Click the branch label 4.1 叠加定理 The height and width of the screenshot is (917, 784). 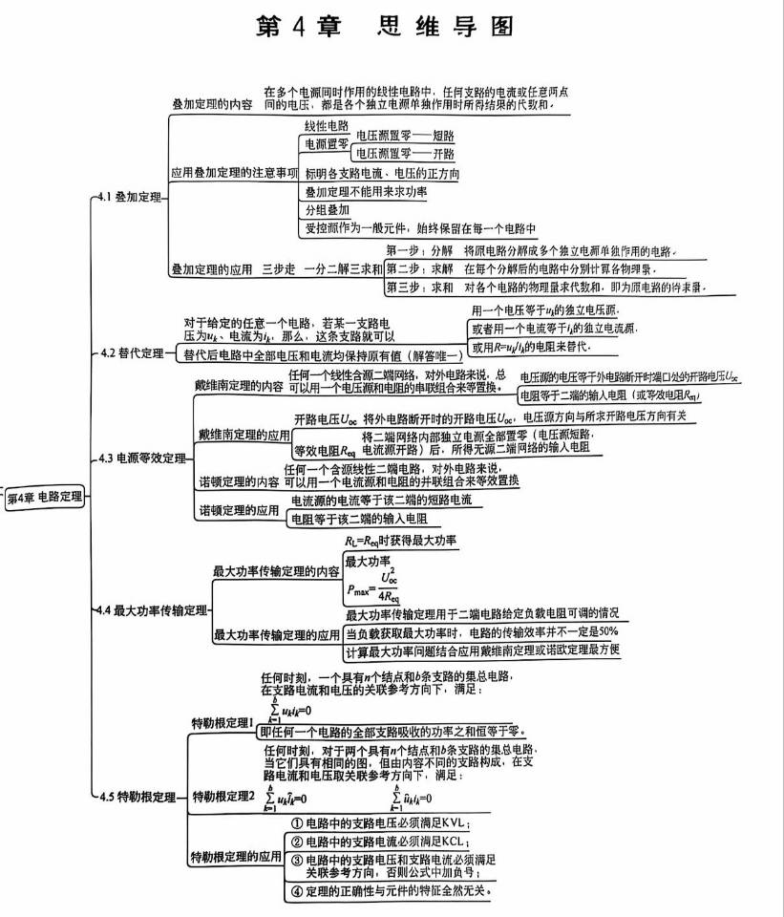pos(130,197)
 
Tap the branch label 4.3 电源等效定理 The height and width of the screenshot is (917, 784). pos(142,458)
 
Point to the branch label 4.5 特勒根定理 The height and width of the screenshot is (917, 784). pos(138,796)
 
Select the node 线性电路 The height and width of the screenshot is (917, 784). pos(326,126)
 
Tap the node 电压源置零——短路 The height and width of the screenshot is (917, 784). pos(405,136)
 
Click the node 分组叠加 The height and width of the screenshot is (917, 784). pos(327,209)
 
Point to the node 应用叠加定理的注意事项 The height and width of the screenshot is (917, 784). pos(234,174)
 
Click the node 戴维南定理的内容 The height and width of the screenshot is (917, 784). pos(238,386)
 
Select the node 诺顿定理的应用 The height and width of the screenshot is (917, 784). pos(238,511)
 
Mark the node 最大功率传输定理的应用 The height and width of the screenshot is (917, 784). pos(276,633)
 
